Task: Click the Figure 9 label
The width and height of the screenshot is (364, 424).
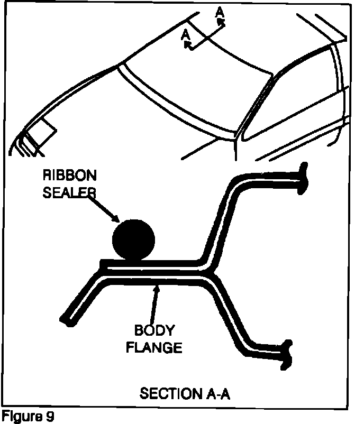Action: [x=27, y=417]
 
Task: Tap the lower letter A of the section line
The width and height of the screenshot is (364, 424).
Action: [x=185, y=35]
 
